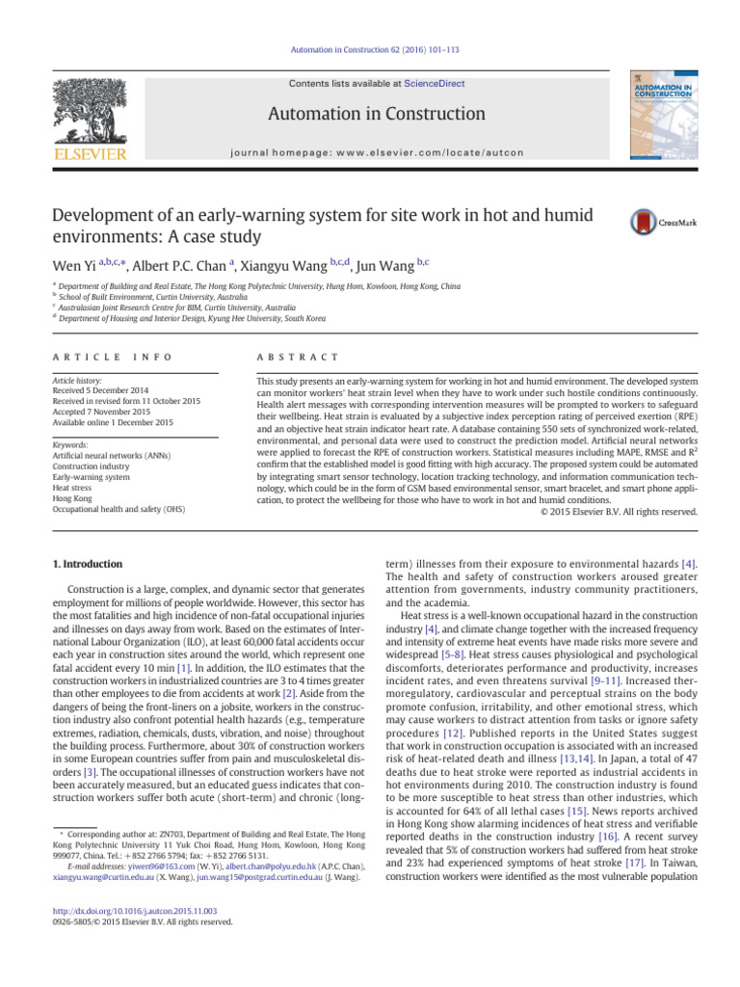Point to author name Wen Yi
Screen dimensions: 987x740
pyautogui.click(x=68, y=265)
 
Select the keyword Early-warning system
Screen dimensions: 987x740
pyautogui.click(x=91, y=475)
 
